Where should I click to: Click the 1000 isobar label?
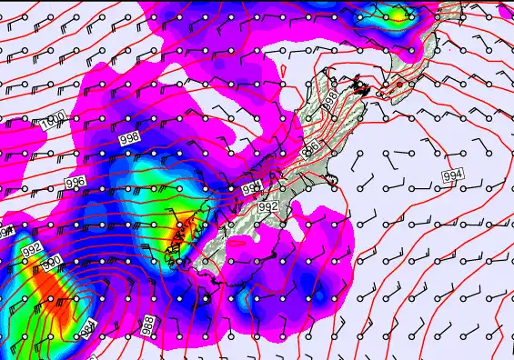[52, 122]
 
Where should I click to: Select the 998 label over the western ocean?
[130, 136]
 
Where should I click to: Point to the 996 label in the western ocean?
[76, 183]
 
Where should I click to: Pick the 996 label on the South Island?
[310, 147]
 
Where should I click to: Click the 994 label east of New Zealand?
[452, 175]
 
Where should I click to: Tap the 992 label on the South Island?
[267, 207]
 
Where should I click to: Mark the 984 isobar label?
[86, 331]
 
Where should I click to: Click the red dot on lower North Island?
[398, 84]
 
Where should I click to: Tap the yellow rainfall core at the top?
[398, 13]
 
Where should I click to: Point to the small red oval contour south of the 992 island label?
[238, 242]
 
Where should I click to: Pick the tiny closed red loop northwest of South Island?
[284, 69]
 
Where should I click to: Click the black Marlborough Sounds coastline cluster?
[360, 87]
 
